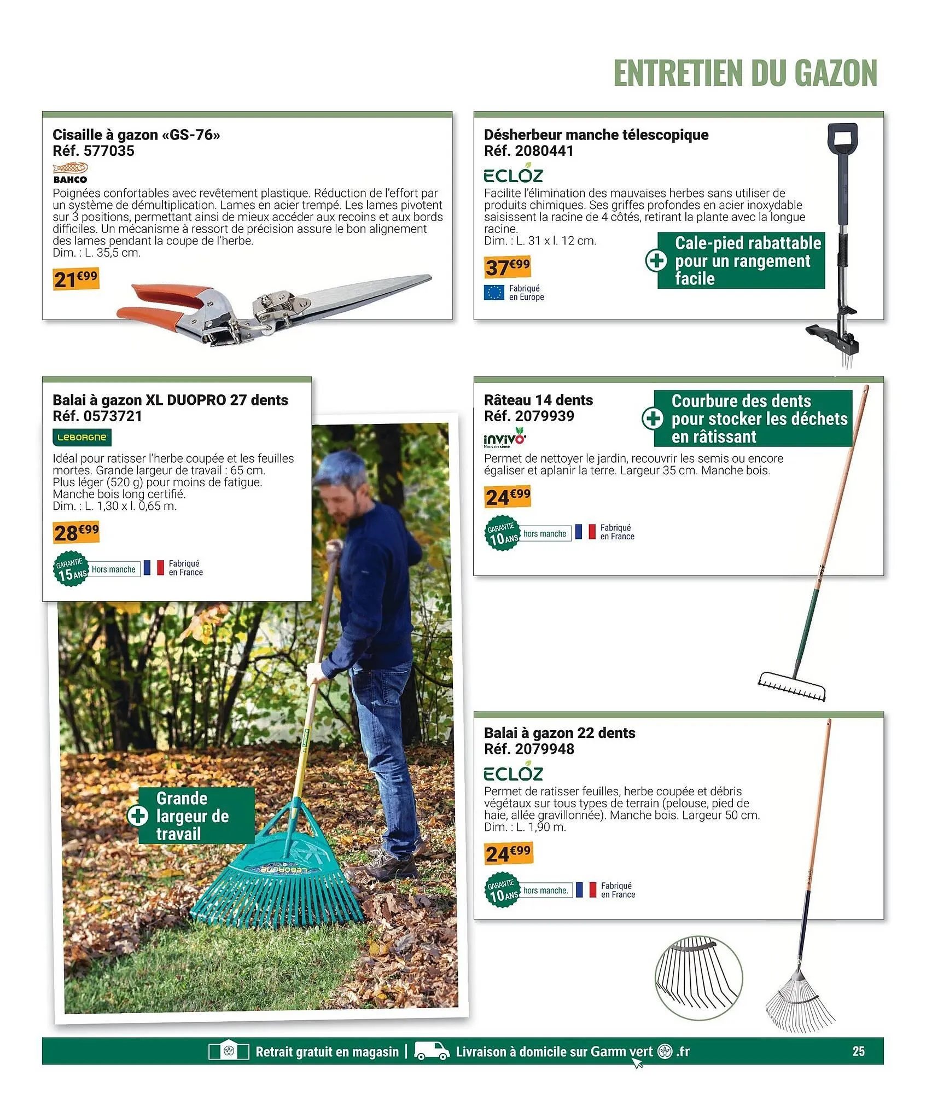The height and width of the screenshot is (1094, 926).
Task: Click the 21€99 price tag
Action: [75, 278]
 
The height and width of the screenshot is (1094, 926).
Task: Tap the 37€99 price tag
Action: [508, 266]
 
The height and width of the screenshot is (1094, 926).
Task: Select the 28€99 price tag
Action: [76, 532]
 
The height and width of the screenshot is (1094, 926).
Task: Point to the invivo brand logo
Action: [505, 439]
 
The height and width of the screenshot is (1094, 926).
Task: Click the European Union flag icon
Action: [494, 293]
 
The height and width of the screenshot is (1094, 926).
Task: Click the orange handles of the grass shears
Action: [159, 304]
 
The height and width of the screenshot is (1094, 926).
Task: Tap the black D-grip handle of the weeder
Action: [842, 140]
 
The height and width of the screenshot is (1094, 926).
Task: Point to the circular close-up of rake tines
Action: [698, 977]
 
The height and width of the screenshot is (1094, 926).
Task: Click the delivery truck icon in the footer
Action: [432, 1050]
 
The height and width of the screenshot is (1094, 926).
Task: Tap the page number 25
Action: [858, 1051]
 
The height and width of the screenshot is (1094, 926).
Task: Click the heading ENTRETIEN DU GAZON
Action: [745, 73]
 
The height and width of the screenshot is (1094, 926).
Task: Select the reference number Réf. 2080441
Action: [528, 151]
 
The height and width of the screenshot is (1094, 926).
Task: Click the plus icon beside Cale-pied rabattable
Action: [656, 260]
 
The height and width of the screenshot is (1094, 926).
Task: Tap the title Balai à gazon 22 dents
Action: [560, 733]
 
